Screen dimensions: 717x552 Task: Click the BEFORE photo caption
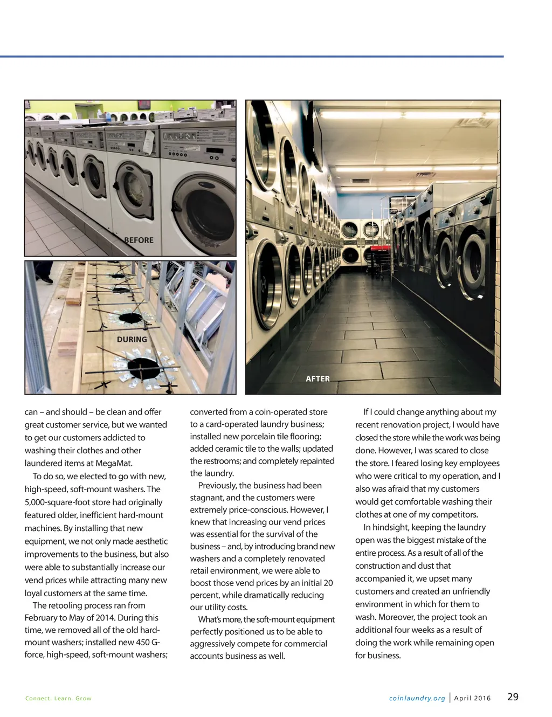[139, 240]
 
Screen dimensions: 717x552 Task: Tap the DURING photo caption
[132, 340]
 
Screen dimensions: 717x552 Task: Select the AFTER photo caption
[318, 379]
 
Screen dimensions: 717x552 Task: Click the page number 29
[513, 697]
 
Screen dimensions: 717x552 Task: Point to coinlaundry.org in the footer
[417, 698]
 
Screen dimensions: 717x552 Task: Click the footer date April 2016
[472, 698]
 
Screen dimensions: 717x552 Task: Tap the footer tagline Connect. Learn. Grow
[58, 698]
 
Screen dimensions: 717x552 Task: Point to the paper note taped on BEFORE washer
[149, 141]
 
